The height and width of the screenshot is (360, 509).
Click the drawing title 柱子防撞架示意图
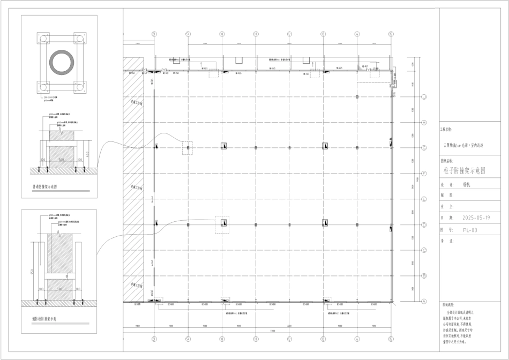click(x=465, y=171)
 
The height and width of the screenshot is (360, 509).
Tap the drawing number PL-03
click(x=470, y=230)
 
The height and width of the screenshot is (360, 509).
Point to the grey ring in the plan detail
click(x=59, y=63)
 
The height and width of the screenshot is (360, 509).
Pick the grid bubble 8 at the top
click(x=154, y=34)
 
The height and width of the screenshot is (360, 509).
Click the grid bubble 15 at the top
click(x=391, y=34)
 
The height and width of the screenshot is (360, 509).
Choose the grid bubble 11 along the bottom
click(x=256, y=339)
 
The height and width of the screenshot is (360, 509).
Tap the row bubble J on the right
click(x=424, y=97)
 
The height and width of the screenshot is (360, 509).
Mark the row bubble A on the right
click(x=424, y=301)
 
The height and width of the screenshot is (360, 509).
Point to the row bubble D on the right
click(x=424, y=224)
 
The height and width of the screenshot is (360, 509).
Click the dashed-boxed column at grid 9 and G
click(x=188, y=147)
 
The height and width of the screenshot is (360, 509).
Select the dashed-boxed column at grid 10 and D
click(x=222, y=224)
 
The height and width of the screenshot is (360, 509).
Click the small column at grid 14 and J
click(x=357, y=97)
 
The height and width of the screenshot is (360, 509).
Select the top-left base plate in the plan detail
click(x=42, y=39)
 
